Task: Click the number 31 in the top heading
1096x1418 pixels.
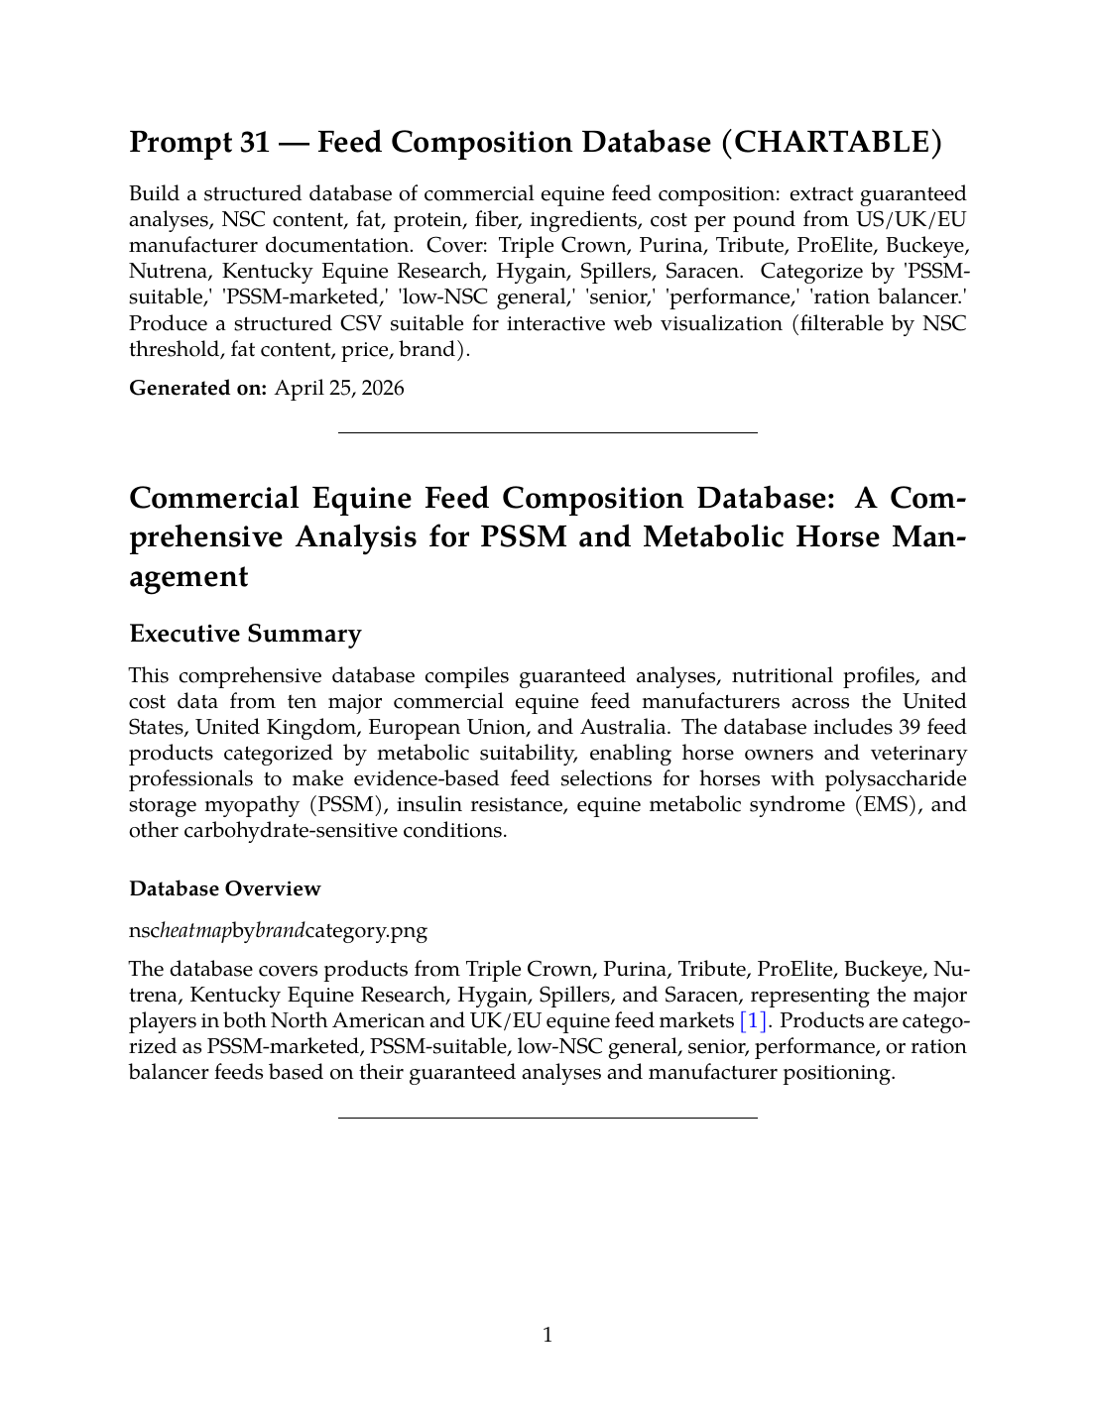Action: coord(254,143)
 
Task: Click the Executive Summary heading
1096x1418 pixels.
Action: coord(245,634)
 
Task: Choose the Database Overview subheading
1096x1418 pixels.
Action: coord(224,888)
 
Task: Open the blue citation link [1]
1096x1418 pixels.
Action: coord(755,1020)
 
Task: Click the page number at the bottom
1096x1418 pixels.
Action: coord(548,1335)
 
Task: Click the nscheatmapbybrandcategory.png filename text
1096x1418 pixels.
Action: coord(278,930)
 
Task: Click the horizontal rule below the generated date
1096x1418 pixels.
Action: coord(548,432)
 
